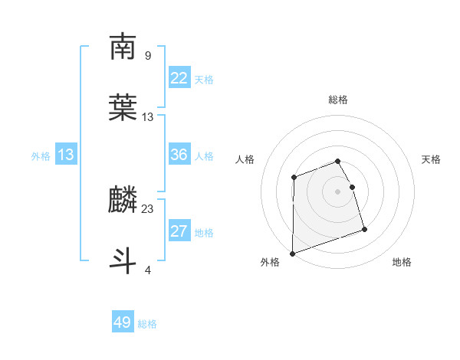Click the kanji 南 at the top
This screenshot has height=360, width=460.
click(x=123, y=47)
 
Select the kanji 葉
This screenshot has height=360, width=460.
click(x=123, y=106)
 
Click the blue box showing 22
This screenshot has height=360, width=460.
click(x=179, y=77)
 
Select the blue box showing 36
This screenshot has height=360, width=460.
click(x=179, y=155)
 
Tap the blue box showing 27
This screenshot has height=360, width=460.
click(x=179, y=231)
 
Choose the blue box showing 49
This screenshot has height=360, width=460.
click(x=123, y=322)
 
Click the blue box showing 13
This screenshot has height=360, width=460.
click(x=66, y=155)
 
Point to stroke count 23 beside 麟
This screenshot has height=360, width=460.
click(x=148, y=208)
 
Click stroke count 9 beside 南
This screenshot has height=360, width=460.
click(x=148, y=55)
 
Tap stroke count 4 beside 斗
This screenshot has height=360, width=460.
click(x=148, y=269)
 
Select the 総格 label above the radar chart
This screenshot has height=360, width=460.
click(x=338, y=100)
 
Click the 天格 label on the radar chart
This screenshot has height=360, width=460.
click(x=432, y=159)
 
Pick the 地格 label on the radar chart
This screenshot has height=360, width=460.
click(x=402, y=263)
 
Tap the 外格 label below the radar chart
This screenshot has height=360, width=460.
click(x=270, y=263)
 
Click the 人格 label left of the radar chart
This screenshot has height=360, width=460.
click(x=245, y=159)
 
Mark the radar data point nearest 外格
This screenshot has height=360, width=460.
click(x=292, y=254)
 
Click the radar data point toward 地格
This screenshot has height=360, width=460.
click(x=364, y=228)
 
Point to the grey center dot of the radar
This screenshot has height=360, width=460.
click(x=338, y=191)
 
